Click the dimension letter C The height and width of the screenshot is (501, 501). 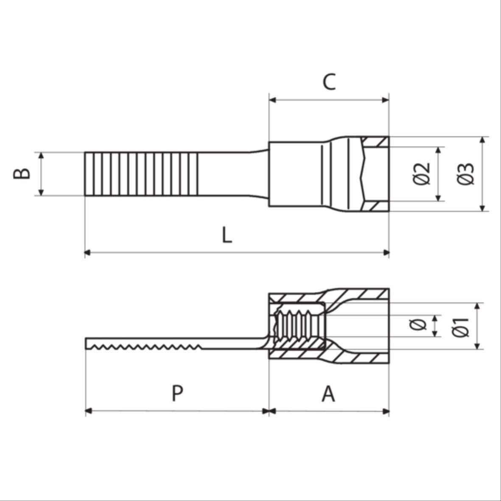(x=329, y=82)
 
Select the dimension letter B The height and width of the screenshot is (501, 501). (x=22, y=174)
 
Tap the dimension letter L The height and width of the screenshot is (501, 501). (x=227, y=235)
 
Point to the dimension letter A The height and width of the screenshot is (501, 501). (x=328, y=394)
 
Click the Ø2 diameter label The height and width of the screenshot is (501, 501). (x=422, y=174)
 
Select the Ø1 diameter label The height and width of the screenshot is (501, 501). (x=461, y=327)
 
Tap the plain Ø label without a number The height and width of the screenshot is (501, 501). (x=417, y=325)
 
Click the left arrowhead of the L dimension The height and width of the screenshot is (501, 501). (x=87, y=252)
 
